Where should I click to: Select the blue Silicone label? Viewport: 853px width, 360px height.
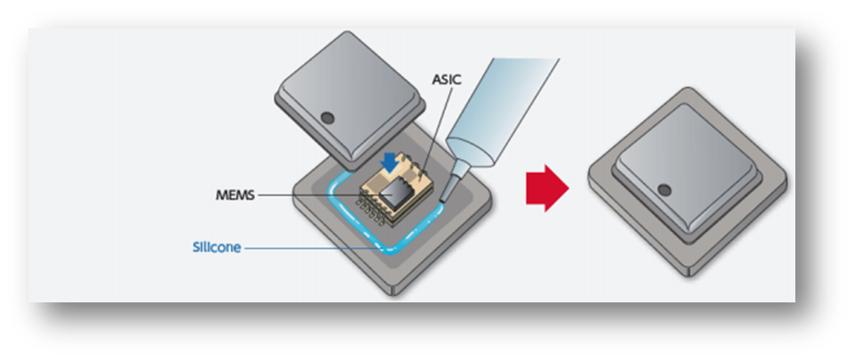(x=216, y=247)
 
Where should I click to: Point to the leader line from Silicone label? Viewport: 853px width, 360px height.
(x=310, y=248)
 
